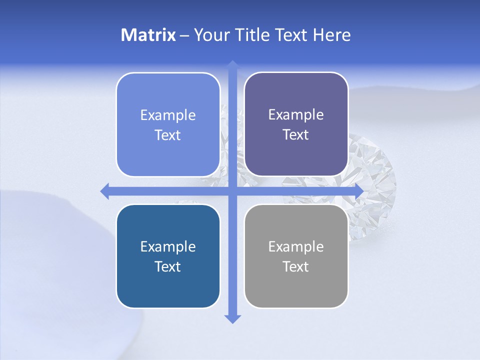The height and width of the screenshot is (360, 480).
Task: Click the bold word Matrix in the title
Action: pos(148,35)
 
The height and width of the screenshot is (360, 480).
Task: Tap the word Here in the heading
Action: pos(331,35)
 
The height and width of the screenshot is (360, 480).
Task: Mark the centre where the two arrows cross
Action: pos(232,191)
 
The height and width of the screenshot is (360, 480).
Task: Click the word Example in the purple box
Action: pos(296,114)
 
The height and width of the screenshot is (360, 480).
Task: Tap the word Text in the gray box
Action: pos(296,266)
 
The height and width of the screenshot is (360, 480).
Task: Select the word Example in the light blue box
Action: pos(168,115)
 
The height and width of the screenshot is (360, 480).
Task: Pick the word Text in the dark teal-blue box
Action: pos(168,266)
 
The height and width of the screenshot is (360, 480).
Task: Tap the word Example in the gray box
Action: pos(296,246)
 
